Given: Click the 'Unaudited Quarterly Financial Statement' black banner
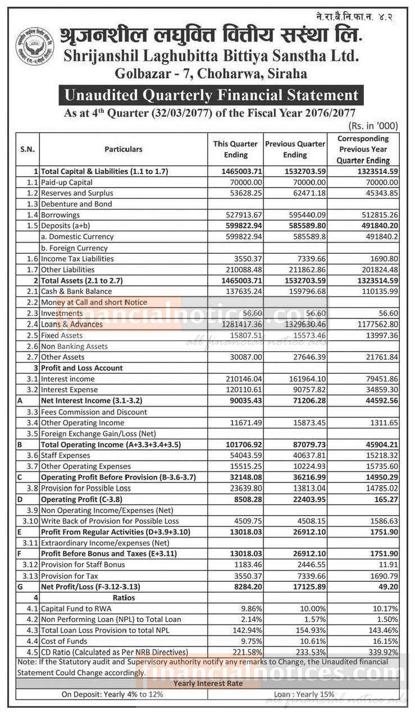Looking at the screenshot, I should tap(211, 95).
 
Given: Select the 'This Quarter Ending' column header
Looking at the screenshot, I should tap(235, 149).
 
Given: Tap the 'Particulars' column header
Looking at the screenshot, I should tap(123, 149).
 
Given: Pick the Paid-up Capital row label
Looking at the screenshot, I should tap(66, 182).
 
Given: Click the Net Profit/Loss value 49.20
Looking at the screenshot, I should tap(387, 587).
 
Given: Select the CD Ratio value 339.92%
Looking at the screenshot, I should tap(382, 653).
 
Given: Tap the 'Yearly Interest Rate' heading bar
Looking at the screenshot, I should tap(208, 684).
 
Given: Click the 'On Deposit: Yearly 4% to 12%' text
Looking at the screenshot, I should tap(112, 694).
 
